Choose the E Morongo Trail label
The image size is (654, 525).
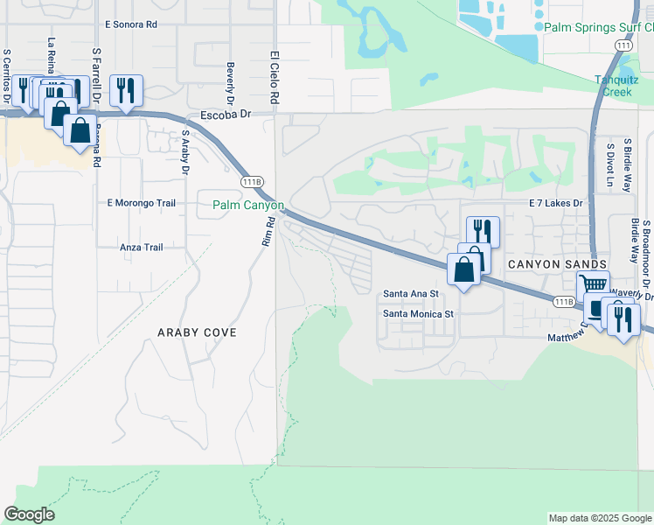pos(141,203)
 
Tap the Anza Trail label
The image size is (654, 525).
pos(142,248)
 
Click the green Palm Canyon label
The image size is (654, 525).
pos(248,206)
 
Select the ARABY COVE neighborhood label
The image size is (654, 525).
pos(197,333)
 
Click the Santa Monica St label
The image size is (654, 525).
pos(419,313)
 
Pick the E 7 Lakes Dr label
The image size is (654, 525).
pos(555,203)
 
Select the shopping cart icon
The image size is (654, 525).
pos(593,284)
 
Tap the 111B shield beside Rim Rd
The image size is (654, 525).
pos(252,181)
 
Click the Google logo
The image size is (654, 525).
pos(29,514)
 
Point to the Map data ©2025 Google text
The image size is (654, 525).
pos(599,518)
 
